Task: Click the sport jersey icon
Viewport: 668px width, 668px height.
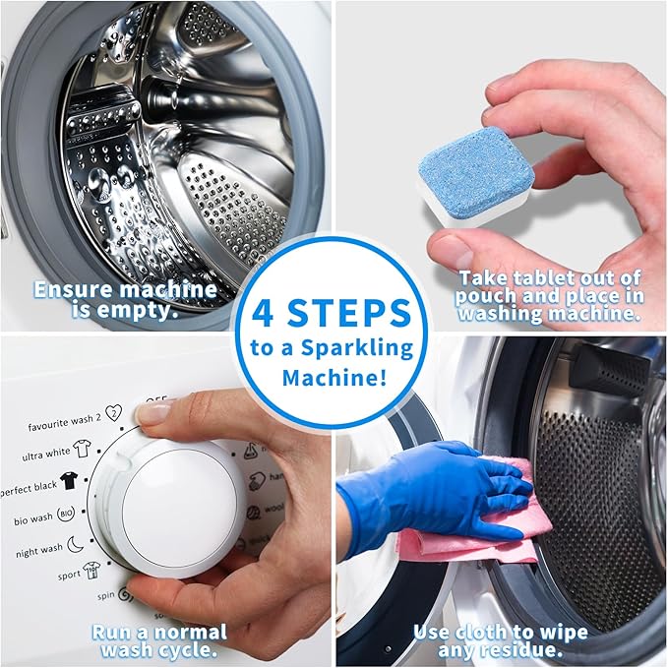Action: click(91, 571)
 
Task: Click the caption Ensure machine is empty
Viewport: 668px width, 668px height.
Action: click(124, 300)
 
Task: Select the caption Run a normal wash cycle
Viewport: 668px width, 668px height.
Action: click(160, 641)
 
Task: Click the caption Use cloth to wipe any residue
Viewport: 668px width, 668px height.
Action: click(500, 641)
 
